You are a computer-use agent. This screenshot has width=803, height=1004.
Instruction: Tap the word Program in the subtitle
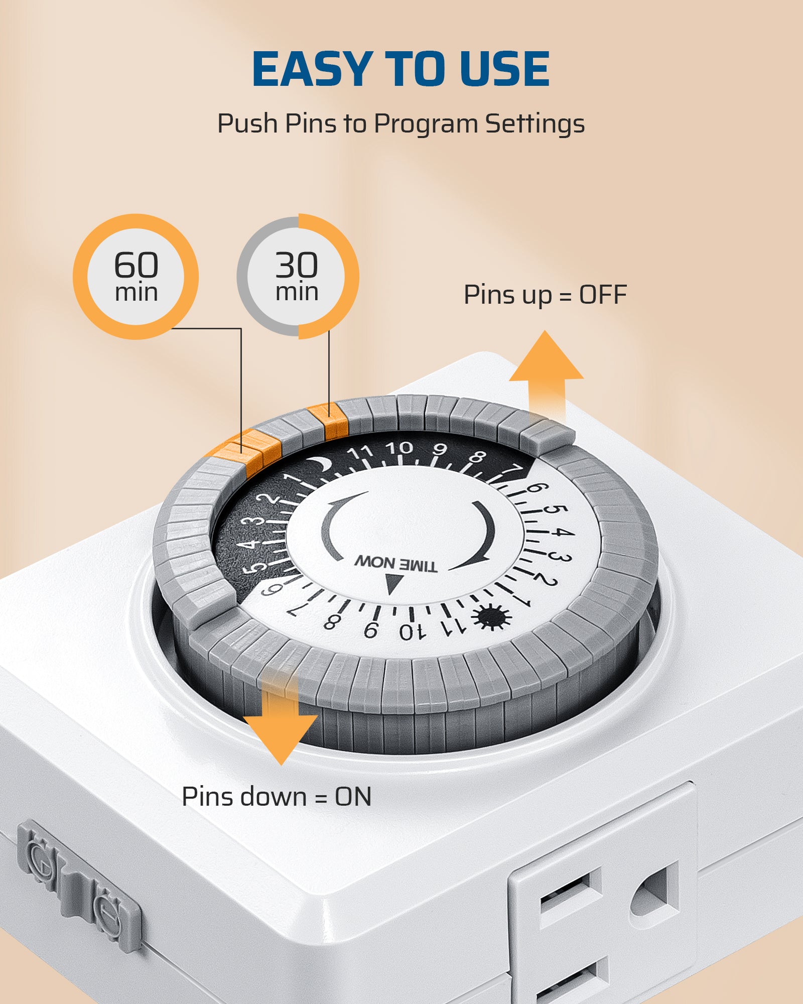click(426, 124)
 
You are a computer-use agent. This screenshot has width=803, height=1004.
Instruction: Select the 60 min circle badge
click(136, 277)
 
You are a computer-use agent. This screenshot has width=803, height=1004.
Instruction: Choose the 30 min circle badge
click(298, 277)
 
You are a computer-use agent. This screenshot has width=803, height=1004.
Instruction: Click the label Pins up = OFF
click(545, 295)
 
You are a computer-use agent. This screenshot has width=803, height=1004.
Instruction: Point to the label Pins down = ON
click(277, 797)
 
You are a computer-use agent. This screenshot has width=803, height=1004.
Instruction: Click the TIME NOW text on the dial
click(396, 564)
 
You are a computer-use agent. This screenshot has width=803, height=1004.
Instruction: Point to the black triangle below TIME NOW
click(392, 584)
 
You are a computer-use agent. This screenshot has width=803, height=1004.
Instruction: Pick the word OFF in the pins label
click(603, 295)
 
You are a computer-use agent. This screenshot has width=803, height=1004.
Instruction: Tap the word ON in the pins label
click(353, 797)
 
